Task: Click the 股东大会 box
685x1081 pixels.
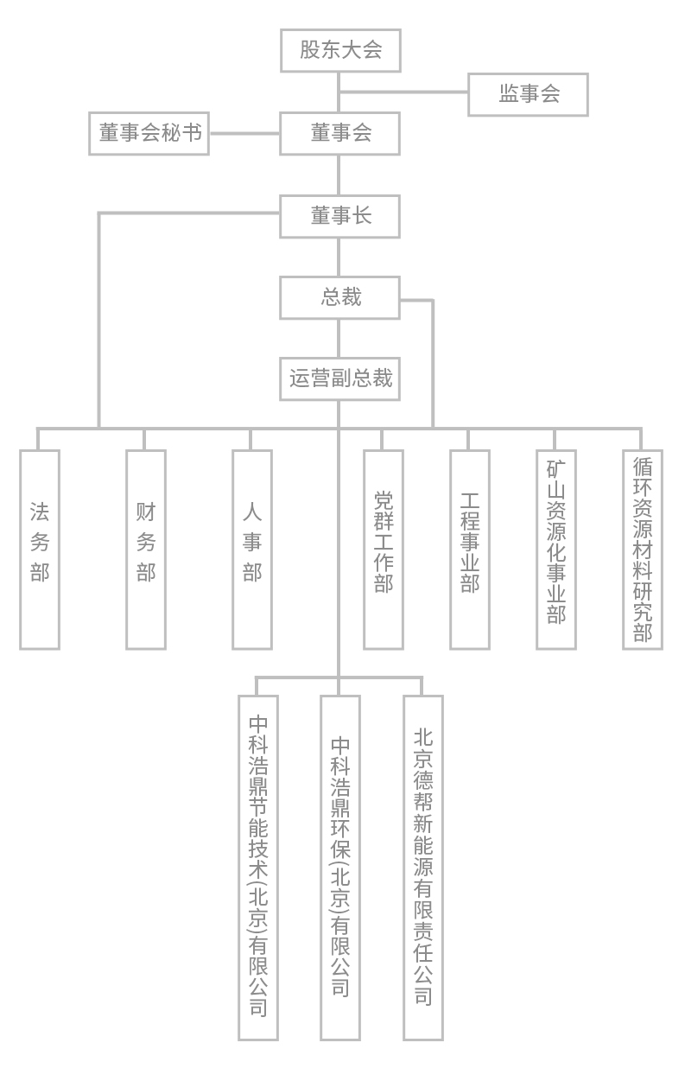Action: [340, 50]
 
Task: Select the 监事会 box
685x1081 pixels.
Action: [528, 94]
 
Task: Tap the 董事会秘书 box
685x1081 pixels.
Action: [149, 134]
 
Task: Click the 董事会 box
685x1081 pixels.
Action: [340, 134]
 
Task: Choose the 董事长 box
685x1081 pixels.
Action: [340, 216]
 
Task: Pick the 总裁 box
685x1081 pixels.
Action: [340, 297]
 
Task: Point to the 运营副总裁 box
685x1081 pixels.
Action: [340, 378]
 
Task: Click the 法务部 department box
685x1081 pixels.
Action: [40, 549]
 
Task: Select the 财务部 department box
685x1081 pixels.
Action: [146, 549]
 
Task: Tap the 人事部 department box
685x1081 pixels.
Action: [252, 549]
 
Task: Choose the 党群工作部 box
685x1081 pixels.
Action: [384, 549]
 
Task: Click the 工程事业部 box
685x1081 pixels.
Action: [470, 549]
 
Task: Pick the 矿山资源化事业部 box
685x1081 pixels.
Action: [556, 549]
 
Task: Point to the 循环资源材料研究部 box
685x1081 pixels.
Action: [643, 549]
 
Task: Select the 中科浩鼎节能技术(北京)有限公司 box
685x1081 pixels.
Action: [258, 867]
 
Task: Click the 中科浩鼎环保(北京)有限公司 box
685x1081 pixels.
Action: [340, 867]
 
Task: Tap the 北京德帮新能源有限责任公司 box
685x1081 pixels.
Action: [423, 867]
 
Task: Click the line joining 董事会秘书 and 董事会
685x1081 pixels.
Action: [244, 134]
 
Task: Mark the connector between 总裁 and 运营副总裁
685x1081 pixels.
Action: [339, 338]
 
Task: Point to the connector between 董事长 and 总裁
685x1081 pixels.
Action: [339, 257]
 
